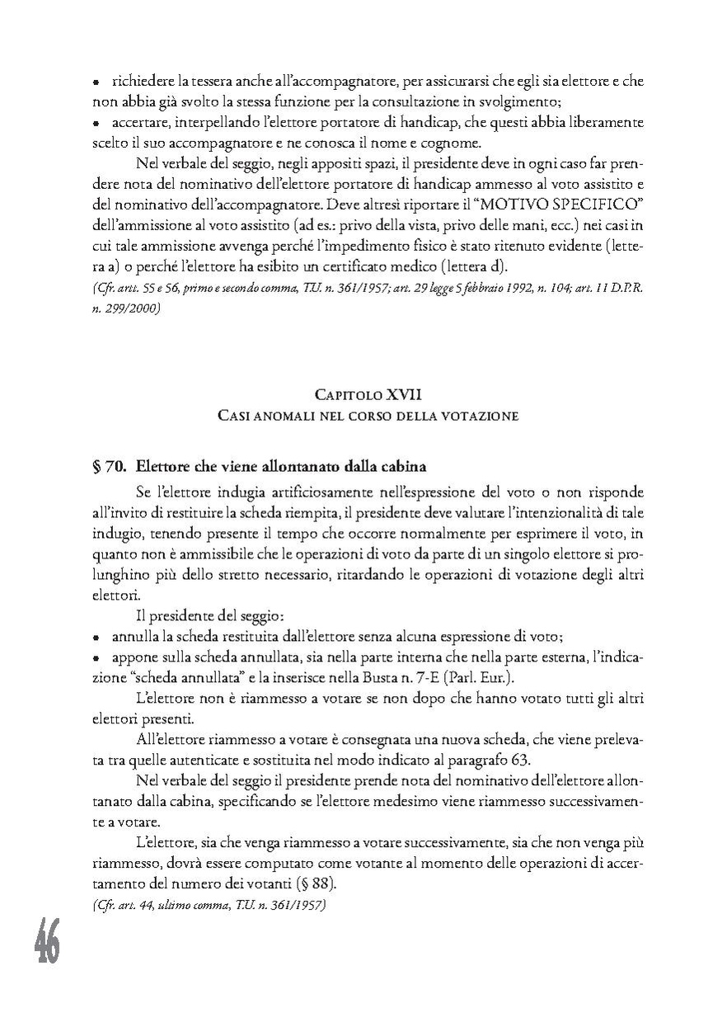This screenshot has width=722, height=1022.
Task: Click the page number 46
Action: (47, 942)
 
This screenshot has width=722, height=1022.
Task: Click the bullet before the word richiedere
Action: (96, 83)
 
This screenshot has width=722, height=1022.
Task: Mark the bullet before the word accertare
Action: (96, 123)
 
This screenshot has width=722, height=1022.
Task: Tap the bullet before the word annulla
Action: (96, 638)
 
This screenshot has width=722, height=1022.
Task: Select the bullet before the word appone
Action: (96, 658)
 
